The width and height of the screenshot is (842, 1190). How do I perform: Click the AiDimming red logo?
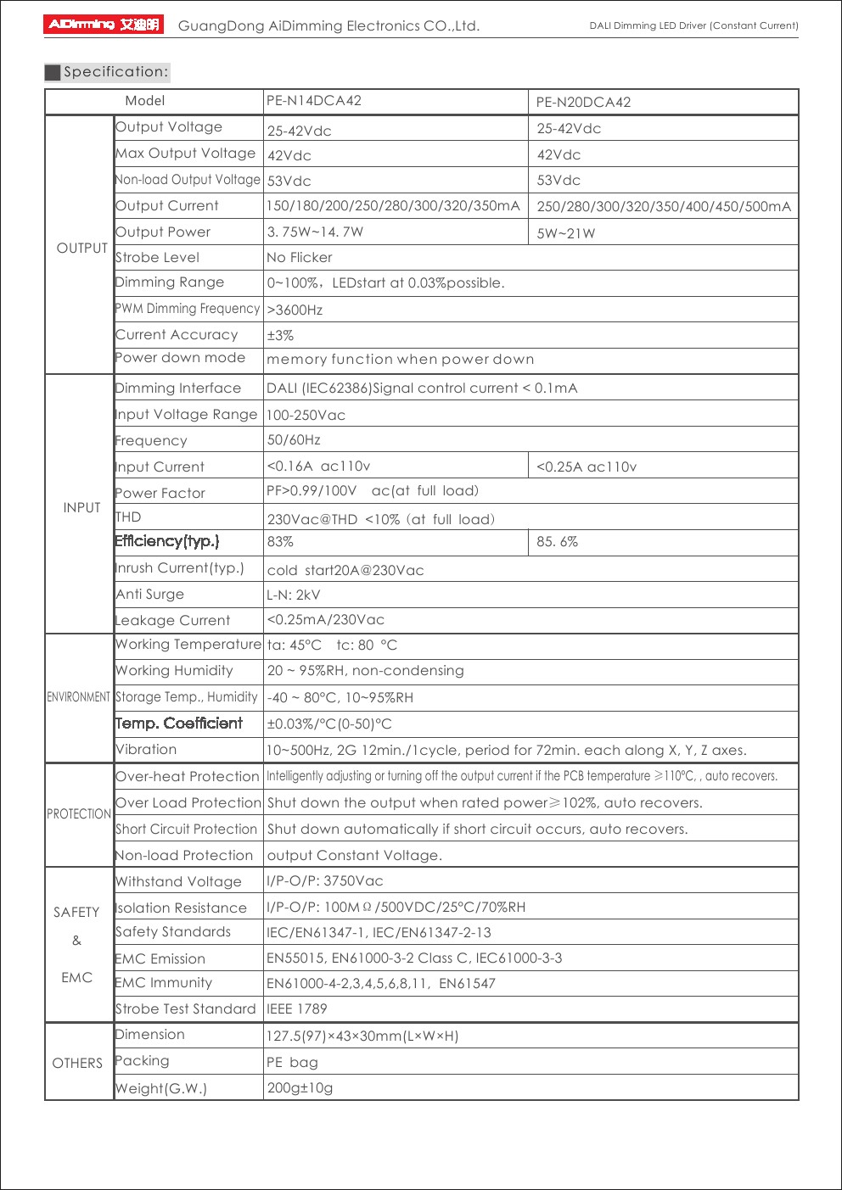pos(103,25)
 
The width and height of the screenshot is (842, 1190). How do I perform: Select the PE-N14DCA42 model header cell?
pos(314,101)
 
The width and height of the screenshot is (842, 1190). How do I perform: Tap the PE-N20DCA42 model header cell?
pos(583,103)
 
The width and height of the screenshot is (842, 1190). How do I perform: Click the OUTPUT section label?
pos(81,248)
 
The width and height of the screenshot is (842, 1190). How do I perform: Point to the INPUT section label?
pos(81,507)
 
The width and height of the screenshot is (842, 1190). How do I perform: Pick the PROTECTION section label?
pos(79,814)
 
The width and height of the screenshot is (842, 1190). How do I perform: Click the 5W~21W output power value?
pos(566,233)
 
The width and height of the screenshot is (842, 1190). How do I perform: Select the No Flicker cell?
pos(300,258)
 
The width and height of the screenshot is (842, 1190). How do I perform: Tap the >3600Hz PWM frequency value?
pos(295,310)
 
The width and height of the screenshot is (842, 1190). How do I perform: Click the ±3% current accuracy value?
pos(280,336)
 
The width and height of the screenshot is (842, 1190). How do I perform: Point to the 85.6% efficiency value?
pos(557,542)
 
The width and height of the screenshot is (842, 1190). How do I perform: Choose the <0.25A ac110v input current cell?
pos(587,467)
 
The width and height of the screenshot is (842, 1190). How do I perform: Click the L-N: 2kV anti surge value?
pos(294,595)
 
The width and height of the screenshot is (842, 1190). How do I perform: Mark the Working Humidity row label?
pos(174,671)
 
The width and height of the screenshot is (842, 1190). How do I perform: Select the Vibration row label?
pos(146,750)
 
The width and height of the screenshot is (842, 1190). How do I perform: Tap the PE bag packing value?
pos(293,1063)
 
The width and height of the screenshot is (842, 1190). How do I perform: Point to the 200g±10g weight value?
pos(300,1088)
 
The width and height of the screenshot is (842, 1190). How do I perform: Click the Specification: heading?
pos(115,72)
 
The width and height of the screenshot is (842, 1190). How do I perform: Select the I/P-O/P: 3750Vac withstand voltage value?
pos(325,881)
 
